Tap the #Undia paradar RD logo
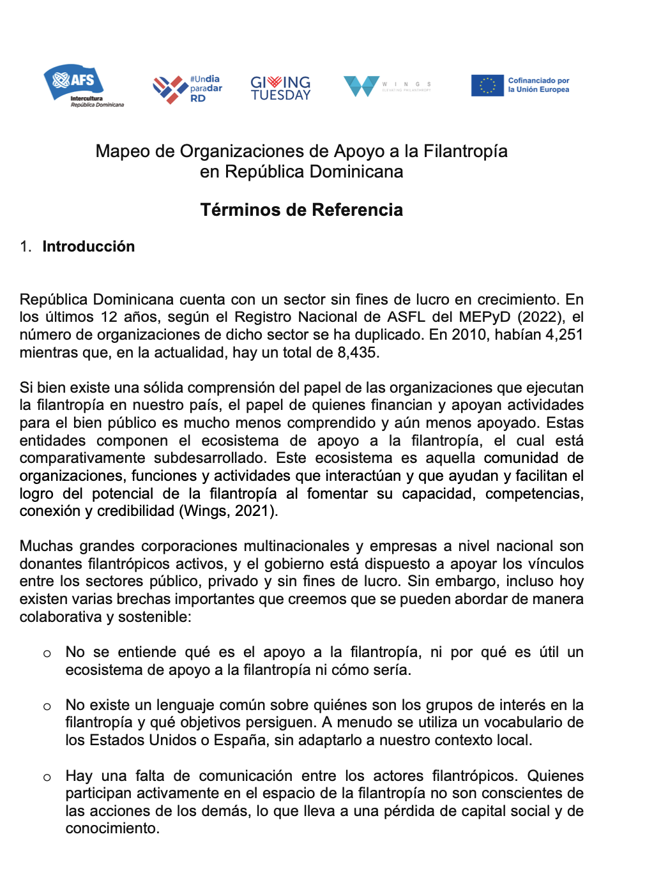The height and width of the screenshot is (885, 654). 187,89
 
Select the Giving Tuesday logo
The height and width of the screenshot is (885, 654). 280,88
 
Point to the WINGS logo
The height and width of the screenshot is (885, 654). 387,86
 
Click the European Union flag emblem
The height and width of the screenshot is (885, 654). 487,86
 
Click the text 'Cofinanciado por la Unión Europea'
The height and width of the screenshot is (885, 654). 538,85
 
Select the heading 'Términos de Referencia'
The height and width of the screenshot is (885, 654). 301,210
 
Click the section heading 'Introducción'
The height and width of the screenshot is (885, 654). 89,246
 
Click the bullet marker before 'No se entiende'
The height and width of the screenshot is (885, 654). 47,653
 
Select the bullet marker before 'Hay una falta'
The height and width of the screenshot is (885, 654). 47,777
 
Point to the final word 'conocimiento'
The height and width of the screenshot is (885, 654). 112,828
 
